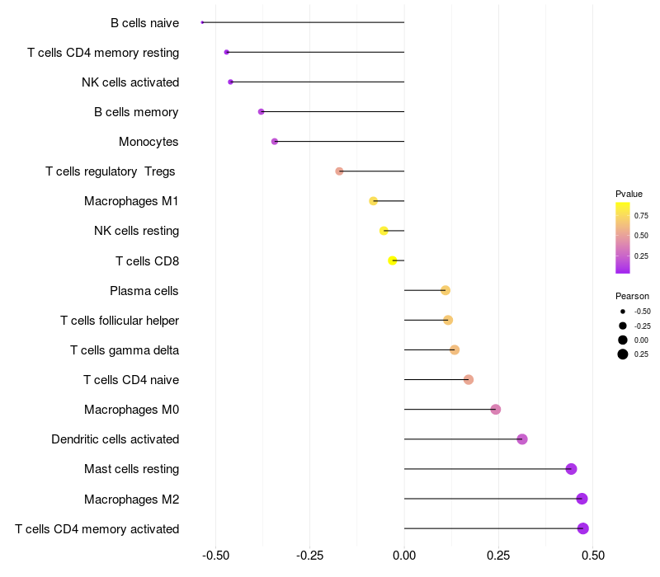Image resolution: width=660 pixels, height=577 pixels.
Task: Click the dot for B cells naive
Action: pos(202,22)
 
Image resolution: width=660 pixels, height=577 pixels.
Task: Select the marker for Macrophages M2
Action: pos(582,499)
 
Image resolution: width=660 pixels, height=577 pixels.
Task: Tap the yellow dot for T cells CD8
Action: pos(393,260)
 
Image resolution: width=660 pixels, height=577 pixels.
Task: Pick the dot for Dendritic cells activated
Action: pos(522,439)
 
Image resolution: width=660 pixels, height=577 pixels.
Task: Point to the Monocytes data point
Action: pos(275,142)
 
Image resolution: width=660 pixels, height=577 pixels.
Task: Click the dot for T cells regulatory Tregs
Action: pos(339,171)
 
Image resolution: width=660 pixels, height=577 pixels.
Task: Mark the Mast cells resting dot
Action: pos(571,469)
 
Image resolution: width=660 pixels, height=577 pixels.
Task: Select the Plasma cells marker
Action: pos(445,290)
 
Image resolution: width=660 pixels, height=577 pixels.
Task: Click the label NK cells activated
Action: pos(130,82)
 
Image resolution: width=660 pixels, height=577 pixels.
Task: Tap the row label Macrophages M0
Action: pos(131,410)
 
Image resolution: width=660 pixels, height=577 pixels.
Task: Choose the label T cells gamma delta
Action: pos(125,350)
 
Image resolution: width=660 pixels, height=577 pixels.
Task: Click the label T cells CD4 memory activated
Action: pos(97,528)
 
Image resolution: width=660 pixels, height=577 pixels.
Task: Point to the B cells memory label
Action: pos(136,112)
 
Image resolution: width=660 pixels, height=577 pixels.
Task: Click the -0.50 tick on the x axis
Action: pos(215,556)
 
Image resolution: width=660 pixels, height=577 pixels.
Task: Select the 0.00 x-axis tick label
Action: pos(404,556)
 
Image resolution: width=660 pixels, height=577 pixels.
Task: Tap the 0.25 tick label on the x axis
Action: pos(498,556)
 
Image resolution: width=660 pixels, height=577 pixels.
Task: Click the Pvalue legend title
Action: pos(629,194)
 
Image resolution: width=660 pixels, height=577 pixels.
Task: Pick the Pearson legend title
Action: pos(632,296)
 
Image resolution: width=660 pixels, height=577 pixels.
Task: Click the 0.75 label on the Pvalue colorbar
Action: pos(641,216)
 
